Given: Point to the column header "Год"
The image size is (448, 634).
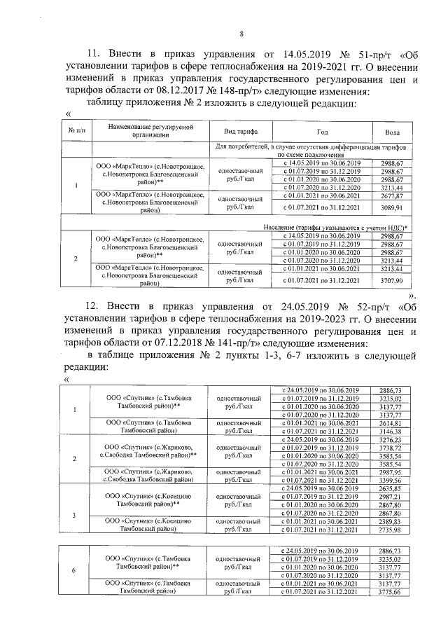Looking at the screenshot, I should pyautogui.click(x=322, y=132).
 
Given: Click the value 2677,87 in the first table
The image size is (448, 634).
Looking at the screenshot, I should pyautogui.click(x=393, y=198).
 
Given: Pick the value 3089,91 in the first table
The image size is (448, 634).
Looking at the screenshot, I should pyautogui.click(x=393, y=208).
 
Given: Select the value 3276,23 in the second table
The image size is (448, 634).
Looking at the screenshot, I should pyautogui.click(x=389, y=440).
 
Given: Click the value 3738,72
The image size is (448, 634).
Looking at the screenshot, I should pyautogui.click(x=389, y=448).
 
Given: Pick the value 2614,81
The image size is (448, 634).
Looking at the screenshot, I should pyautogui.click(x=389, y=424).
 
